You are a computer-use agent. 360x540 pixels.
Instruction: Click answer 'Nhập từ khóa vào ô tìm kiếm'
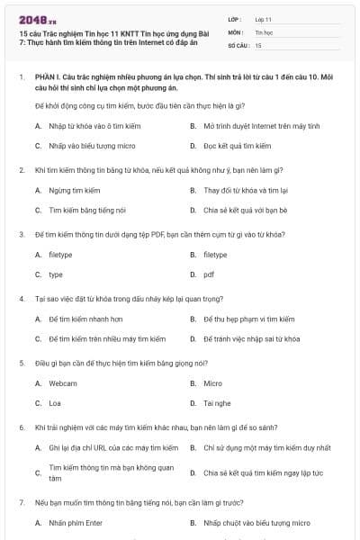pyautogui.click(x=87, y=126)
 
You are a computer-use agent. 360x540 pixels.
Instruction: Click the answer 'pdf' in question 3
pyautogui.click(x=209, y=274)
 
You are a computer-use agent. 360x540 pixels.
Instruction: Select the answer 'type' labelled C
pyautogui.click(x=56, y=274)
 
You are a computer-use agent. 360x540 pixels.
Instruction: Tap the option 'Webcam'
pyautogui.click(x=63, y=383)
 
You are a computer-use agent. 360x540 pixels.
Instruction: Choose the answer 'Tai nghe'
pyautogui.click(x=217, y=403)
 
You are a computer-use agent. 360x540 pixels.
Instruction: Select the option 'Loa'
pyautogui.click(x=56, y=403)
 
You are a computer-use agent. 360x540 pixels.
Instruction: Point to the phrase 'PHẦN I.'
pyautogui.click(x=49, y=79)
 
